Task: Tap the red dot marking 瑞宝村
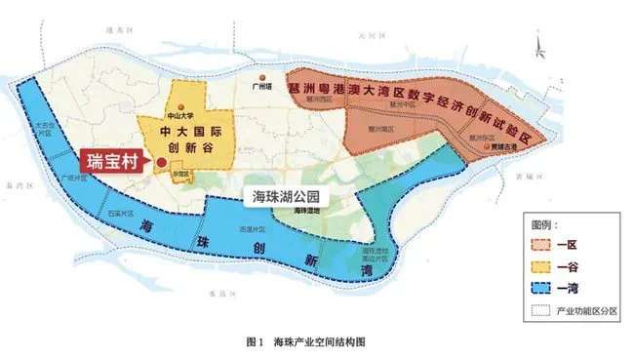click(x=159, y=163)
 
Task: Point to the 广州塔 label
click(x=260, y=86)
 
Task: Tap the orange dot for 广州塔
click(x=260, y=75)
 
